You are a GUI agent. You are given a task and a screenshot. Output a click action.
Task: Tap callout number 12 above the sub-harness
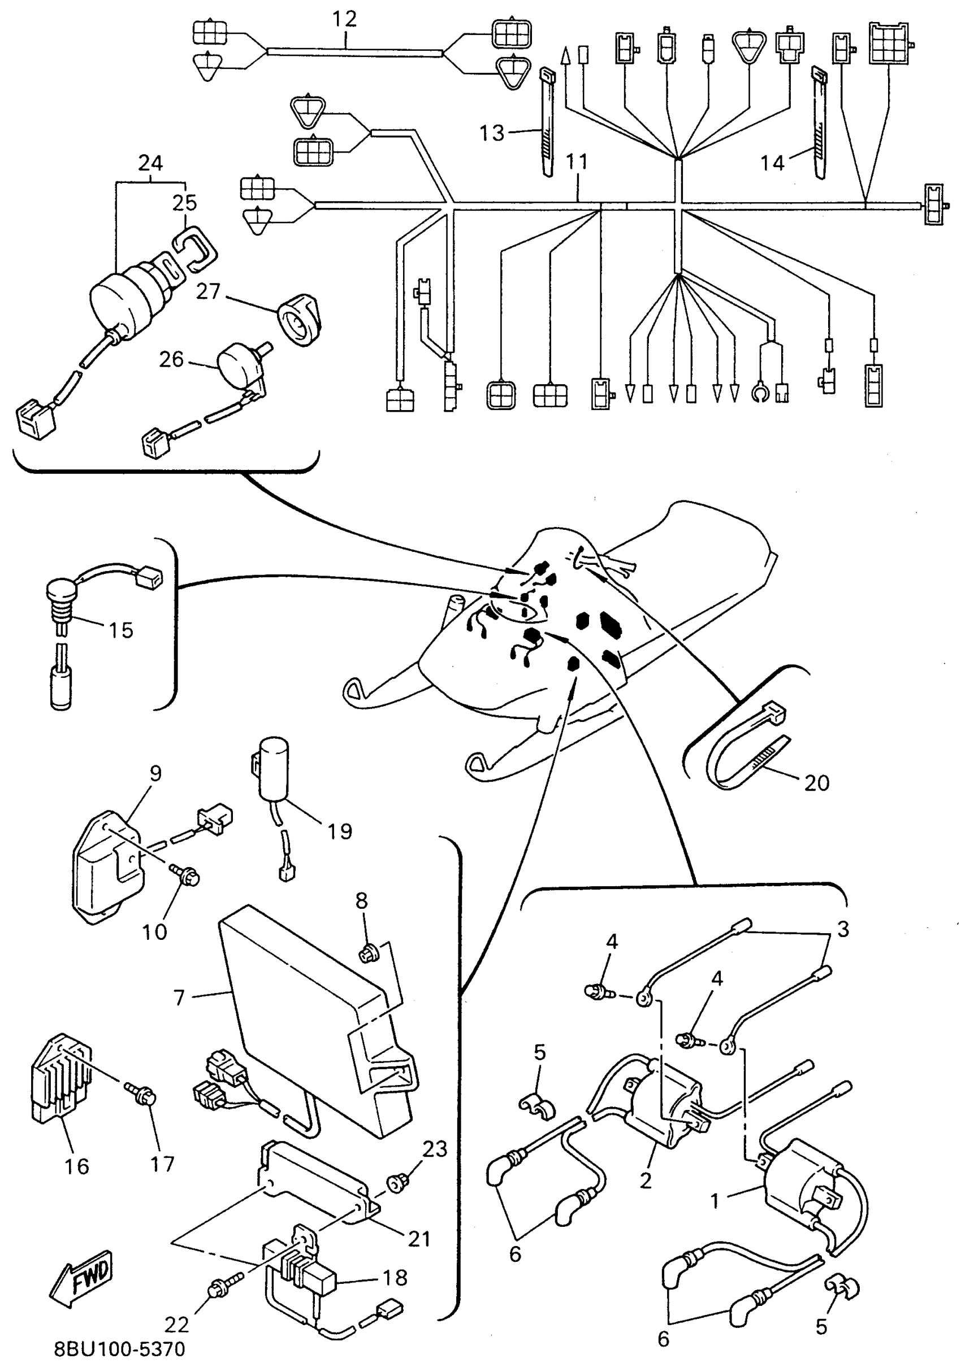(344, 19)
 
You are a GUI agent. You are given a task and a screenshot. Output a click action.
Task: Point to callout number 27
(208, 291)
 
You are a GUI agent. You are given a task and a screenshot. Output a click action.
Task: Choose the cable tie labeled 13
(548, 123)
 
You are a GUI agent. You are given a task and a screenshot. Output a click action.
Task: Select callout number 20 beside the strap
(817, 783)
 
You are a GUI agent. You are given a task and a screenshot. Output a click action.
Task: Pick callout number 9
(155, 773)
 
